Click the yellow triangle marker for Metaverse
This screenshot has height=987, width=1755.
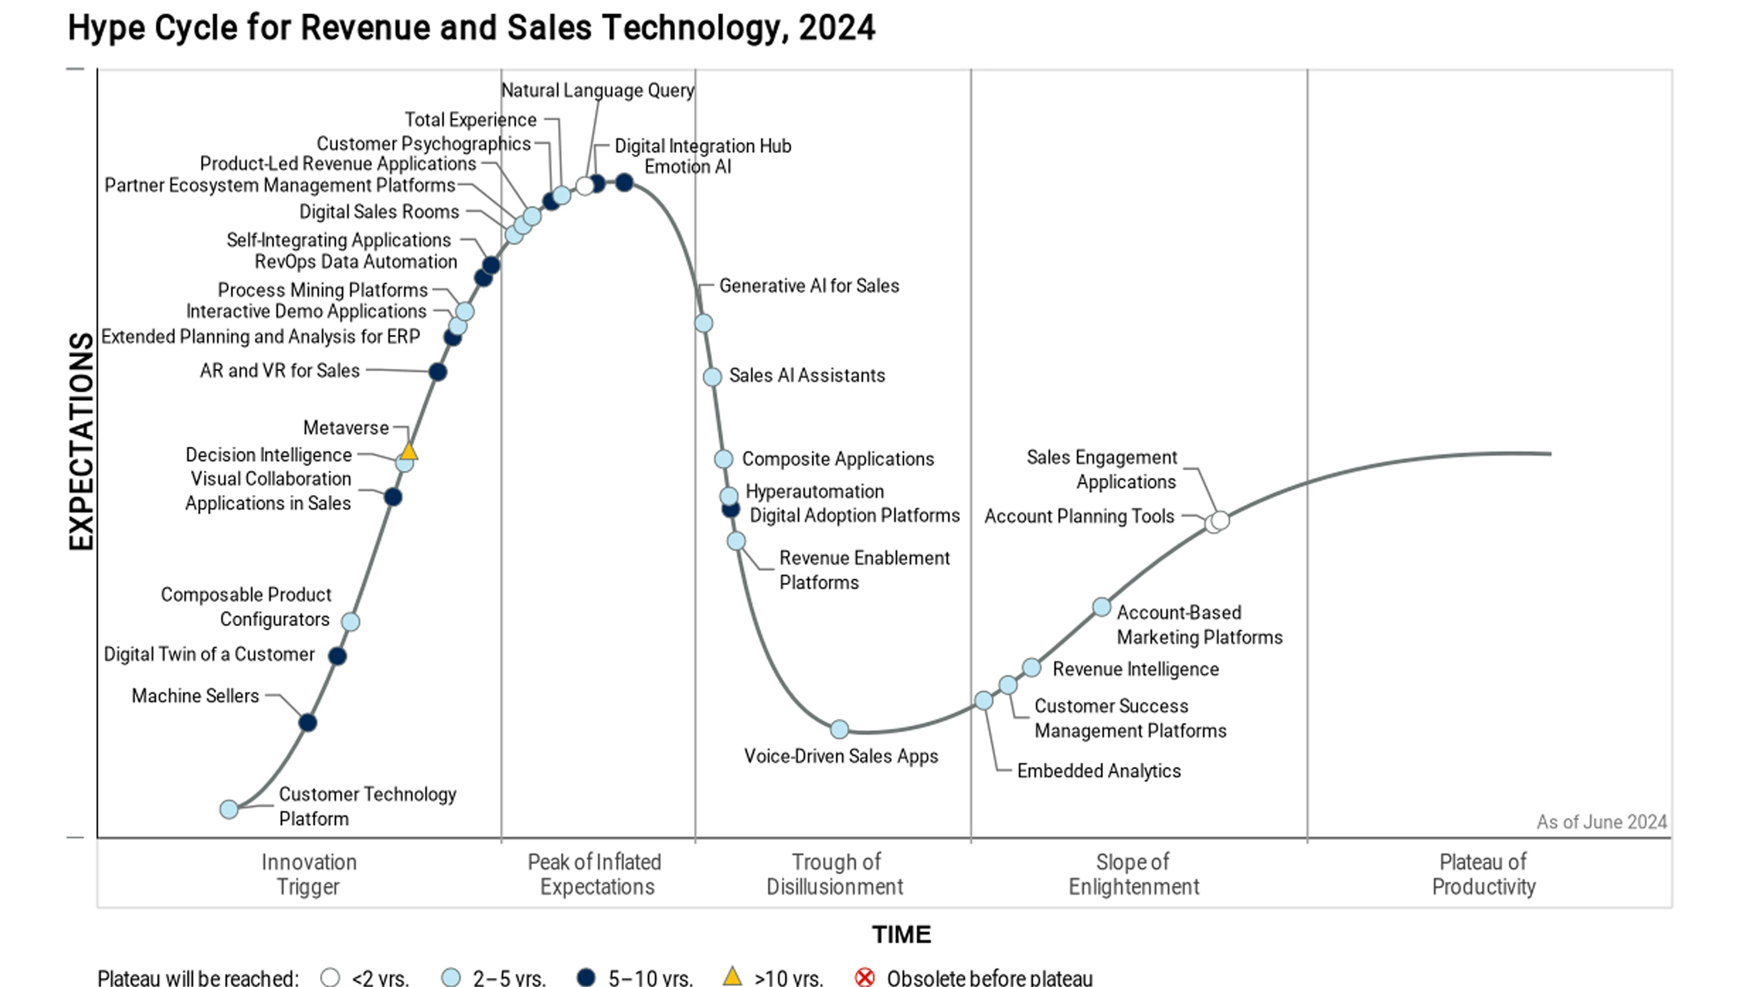[x=408, y=451]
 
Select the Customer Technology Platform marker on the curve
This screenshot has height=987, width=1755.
[x=229, y=809]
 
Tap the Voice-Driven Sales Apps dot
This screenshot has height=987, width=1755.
[x=839, y=729]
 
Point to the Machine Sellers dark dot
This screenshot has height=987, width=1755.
[x=308, y=723]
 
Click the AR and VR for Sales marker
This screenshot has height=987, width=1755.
[x=438, y=372]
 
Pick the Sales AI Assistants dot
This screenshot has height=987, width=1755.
[x=712, y=377]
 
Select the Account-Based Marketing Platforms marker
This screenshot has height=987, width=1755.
[x=1101, y=607]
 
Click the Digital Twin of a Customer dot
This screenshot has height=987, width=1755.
[x=337, y=656]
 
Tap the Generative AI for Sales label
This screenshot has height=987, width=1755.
[x=809, y=286]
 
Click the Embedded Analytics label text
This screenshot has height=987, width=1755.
[x=1098, y=771]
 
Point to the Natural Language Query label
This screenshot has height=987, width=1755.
[x=597, y=91]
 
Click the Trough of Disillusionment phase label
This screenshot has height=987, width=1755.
[x=835, y=875]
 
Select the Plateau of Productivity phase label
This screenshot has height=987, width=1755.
[x=1483, y=875]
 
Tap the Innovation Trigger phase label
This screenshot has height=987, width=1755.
[x=309, y=875]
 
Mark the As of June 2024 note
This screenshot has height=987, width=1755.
[x=1601, y=822]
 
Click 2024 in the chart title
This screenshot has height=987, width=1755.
[x=836, y=29]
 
